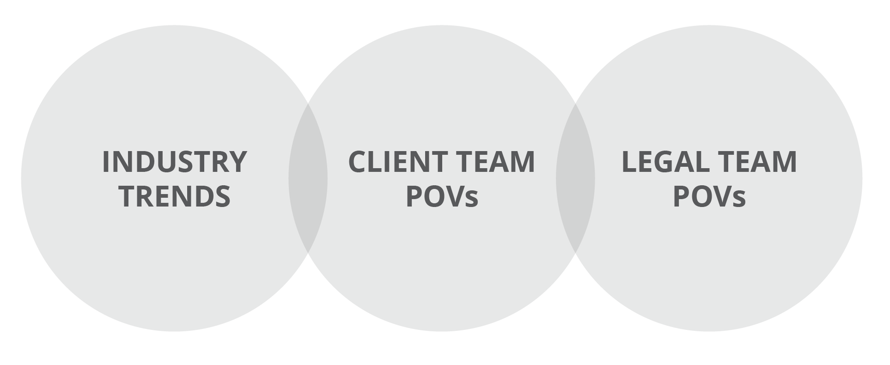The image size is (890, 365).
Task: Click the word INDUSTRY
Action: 174,162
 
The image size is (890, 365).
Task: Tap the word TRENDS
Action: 175,195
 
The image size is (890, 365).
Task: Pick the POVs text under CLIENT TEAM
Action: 442,195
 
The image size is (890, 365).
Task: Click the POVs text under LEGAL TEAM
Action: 709,195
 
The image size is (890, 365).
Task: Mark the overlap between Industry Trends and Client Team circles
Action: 308,178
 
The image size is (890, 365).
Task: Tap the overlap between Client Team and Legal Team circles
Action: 575,178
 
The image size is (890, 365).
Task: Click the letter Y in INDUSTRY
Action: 237,162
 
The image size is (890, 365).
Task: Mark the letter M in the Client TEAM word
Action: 523,162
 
